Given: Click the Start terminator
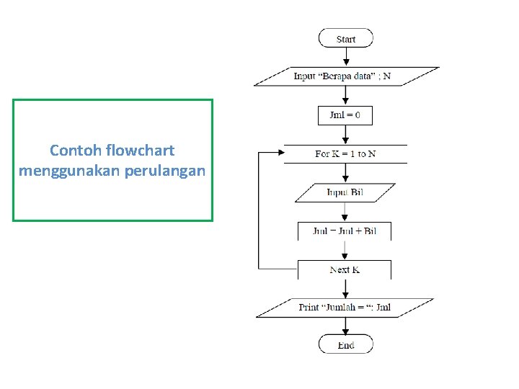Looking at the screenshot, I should tap(346, 38).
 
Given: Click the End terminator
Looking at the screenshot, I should tap(346, 344).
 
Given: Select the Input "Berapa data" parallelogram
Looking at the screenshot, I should tap(346, 76).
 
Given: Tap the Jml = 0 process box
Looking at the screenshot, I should tap(345, 115).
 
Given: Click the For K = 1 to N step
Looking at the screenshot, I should tap(345, 154).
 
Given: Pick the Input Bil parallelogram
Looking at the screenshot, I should tap(345, 192).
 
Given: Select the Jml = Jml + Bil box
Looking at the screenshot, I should tap(345, 231).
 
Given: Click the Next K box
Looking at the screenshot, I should tap(345, 269).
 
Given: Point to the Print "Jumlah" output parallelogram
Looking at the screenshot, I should tap(345, 308).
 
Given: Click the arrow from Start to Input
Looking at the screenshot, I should tap(346, 57).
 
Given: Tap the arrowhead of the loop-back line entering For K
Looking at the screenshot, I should tap(280, 153).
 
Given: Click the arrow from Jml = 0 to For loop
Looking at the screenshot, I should tap(345, 135).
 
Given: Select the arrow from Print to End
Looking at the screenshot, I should tap(346, 326).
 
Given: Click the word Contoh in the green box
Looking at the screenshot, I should tap(76, 151).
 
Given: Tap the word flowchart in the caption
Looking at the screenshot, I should tap(140, 151).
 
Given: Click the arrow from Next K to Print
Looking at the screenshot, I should tap(345, 288).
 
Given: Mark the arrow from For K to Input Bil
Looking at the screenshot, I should tap(345, 174).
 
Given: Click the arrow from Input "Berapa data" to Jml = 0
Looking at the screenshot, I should tap(345, 96).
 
